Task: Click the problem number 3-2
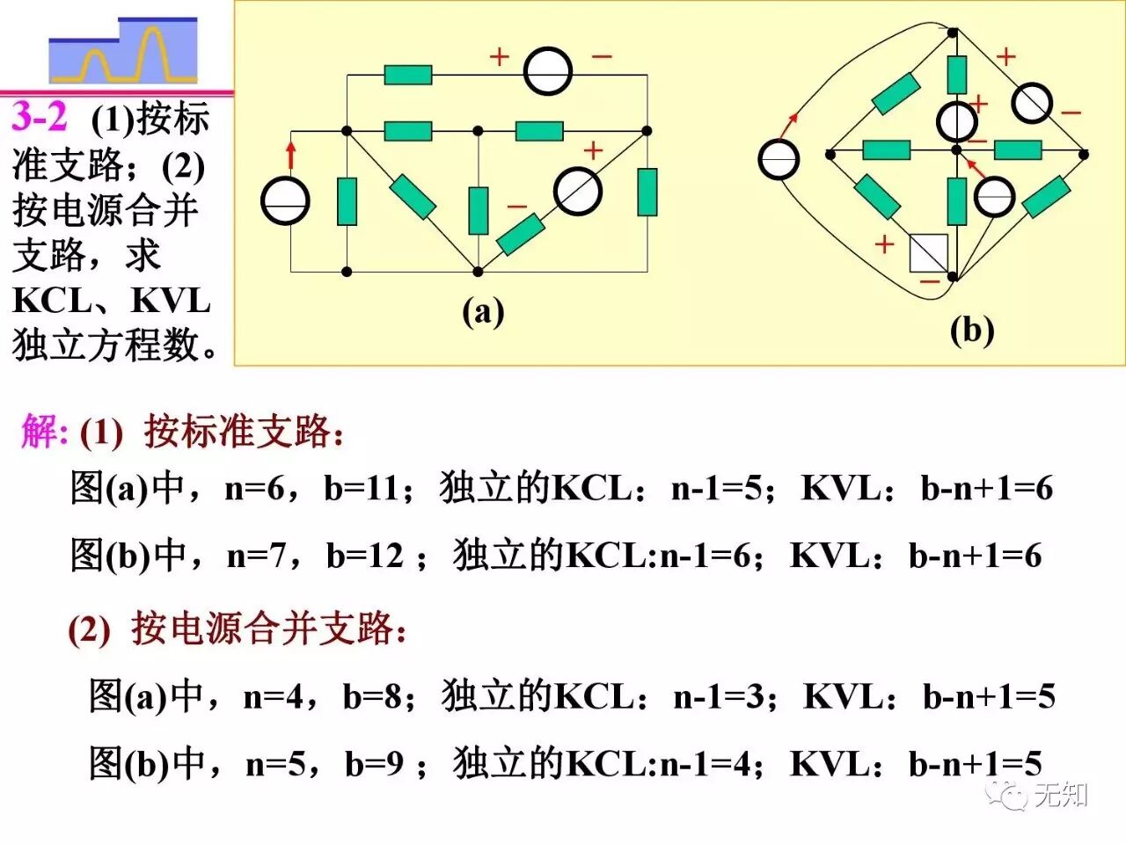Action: [40, 117]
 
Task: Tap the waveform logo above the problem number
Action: [123, 52]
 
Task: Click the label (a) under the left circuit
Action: [483, 311]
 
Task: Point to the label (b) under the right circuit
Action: [971, 331]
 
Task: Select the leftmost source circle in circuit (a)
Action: [286, 200]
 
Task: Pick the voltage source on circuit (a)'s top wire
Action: [548, 71]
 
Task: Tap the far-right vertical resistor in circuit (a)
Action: [647, 192]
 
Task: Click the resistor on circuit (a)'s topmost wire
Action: [408, 75]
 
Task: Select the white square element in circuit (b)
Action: [929, 252]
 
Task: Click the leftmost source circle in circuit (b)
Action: [779, 160]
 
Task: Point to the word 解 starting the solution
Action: [41, 432]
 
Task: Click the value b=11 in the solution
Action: [361, 488]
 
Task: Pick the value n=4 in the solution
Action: [272, 697]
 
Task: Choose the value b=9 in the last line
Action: [374, 765]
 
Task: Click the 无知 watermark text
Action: [1061, 795]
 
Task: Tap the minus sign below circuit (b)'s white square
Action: [929, 281]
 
